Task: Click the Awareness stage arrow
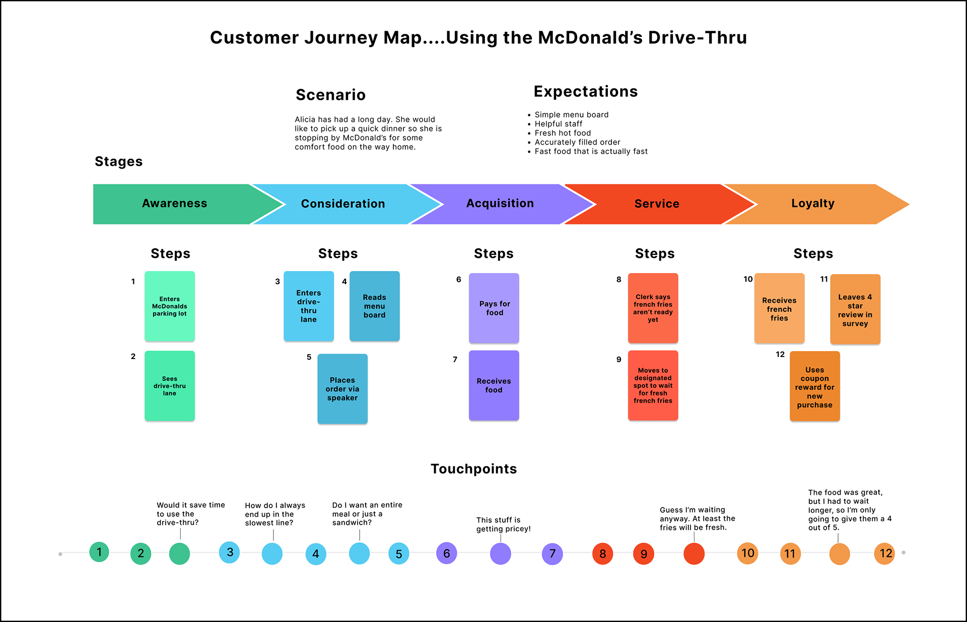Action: click(174, 203)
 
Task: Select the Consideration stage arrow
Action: click(343, 204)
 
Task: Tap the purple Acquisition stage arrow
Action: click(500, 203)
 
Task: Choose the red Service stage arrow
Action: click(657, 204)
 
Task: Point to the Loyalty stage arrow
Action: click(813, 203)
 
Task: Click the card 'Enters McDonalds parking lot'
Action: click(170, 306)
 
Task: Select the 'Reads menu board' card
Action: click(374, 306)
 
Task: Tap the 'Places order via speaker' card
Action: click(342, 389)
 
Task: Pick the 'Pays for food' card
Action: click(494, 308)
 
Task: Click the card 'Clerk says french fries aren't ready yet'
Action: click(653, 308)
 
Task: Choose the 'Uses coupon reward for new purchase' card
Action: click(814, 387)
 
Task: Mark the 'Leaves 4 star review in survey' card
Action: click(855, 310)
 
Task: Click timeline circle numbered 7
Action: click(552, 554)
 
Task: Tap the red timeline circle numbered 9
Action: click(644, 554)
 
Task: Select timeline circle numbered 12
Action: click(885, 554)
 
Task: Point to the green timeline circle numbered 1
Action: click(99, 552)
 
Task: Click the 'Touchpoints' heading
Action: click(473, 469)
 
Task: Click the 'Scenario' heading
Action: click(330, 95)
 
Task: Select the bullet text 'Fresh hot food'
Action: click(563, 133)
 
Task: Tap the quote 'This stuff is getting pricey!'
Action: click(503, 524)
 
